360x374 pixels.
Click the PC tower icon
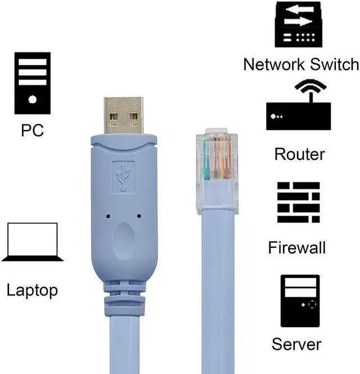coord(33,83)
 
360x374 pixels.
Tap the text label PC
coord(32,131)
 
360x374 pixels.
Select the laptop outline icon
coord(32,242)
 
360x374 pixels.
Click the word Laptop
coord(32,291)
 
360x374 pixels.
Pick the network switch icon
coord(298,25)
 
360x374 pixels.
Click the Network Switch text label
coord(300,64)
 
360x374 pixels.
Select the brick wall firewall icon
coord(298,202)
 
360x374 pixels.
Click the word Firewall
coord(297,247)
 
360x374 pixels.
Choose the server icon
coord(300,301)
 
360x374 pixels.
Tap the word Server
coord(296,344)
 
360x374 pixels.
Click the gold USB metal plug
coord(124,115)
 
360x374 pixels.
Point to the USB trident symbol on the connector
coord(123,176)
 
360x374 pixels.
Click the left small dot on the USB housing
coord(107,215)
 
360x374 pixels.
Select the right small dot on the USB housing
coord(139,215)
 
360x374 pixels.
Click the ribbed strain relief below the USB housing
coord(124,299)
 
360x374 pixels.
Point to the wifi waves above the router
coord(310,88)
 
